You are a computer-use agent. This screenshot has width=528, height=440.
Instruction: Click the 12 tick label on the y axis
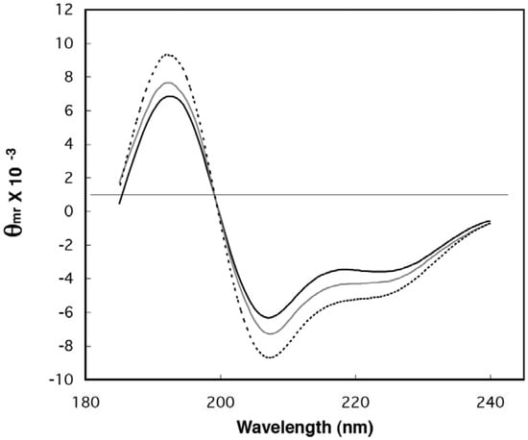click(64, 11)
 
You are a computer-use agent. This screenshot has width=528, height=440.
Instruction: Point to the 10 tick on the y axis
click(64, 44)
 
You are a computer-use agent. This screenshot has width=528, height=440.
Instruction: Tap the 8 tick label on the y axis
click(68, 78)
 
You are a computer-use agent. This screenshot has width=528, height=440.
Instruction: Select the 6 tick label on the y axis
click(68, 111)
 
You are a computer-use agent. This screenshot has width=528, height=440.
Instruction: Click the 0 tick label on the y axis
click(68, 212)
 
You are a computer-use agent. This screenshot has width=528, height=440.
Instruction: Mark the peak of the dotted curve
click(167, 55)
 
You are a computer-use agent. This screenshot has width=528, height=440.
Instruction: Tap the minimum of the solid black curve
click(271, 317)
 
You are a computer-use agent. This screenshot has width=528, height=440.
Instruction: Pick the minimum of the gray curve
click(272, 333)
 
